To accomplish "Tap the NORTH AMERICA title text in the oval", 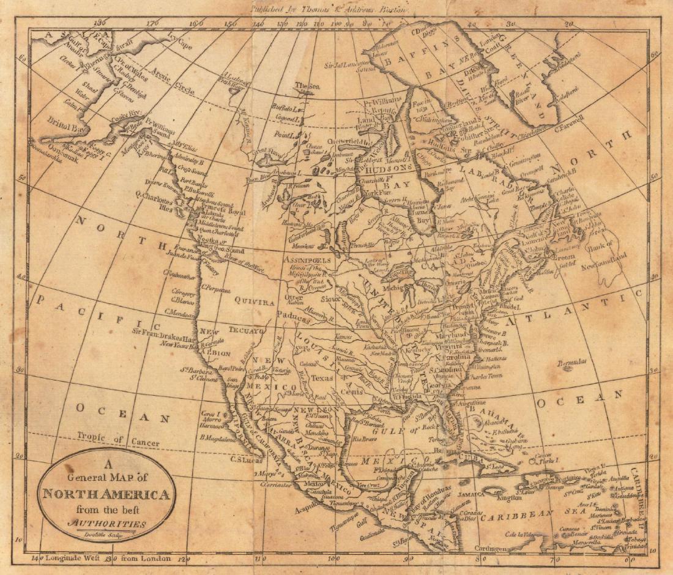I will [x=106, y=494].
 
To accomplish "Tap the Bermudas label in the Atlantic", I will [x=572, y=363].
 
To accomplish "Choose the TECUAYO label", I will [x=247, y=330].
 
